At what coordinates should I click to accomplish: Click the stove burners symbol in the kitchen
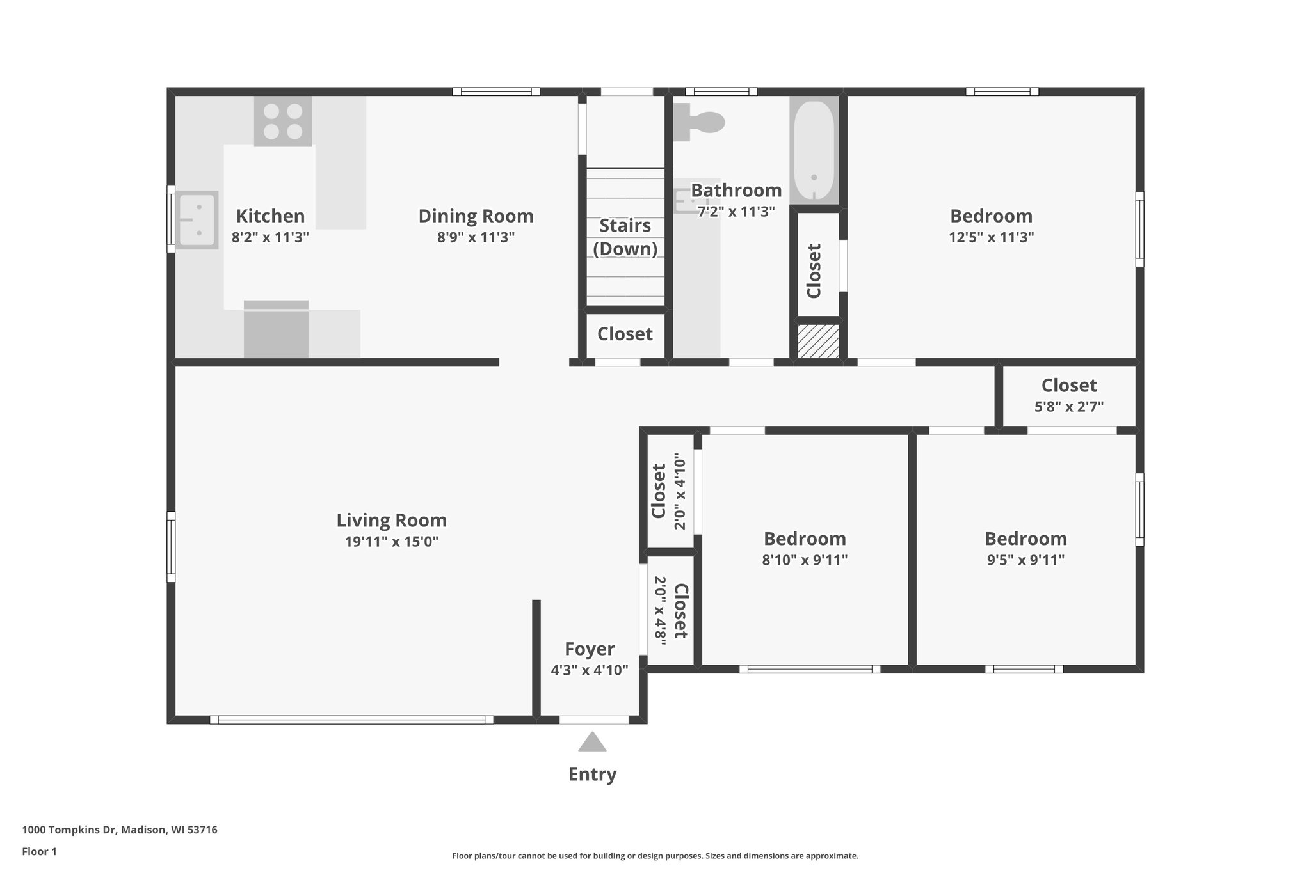pyautogui.click(x=283, y=122)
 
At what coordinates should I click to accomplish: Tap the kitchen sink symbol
pyautogui.click(x=197, y=220)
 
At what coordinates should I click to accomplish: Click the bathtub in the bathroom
pyautogui.click(x=814, y=151)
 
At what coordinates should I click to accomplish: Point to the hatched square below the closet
pyautogui.click(x=818, y=341)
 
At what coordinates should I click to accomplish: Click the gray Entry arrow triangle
pyautogui.click(x=592, y=743)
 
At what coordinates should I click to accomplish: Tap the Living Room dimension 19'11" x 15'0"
pyautogui.click(x=391, y=542)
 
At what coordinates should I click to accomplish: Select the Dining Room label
pyautogui.click(x=476, y=216)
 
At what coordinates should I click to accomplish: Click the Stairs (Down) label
pyautogui.click(x=625, y=237)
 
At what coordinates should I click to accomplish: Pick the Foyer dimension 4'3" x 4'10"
pyautogui.click(x=589, y=670)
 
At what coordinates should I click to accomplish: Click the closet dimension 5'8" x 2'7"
pyautogui.click(x=1068, y=406)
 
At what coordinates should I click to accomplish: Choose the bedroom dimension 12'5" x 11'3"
pyautogui.click(x=991, y=237)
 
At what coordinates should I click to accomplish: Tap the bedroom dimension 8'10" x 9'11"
pyautogui.click(x=805, y=560)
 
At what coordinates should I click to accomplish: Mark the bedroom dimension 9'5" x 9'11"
pyautogui.click(x=1025, y=560)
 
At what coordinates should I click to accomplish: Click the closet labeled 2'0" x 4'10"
pyautogui.click(x=669, y=491)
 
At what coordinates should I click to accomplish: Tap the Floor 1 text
pyautogui.click(x=39, y=851)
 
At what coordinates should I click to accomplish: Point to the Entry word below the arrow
pyautogui.click(x=592, y=775)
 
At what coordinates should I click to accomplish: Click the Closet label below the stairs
pyautogui.click(x=625, y=334)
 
